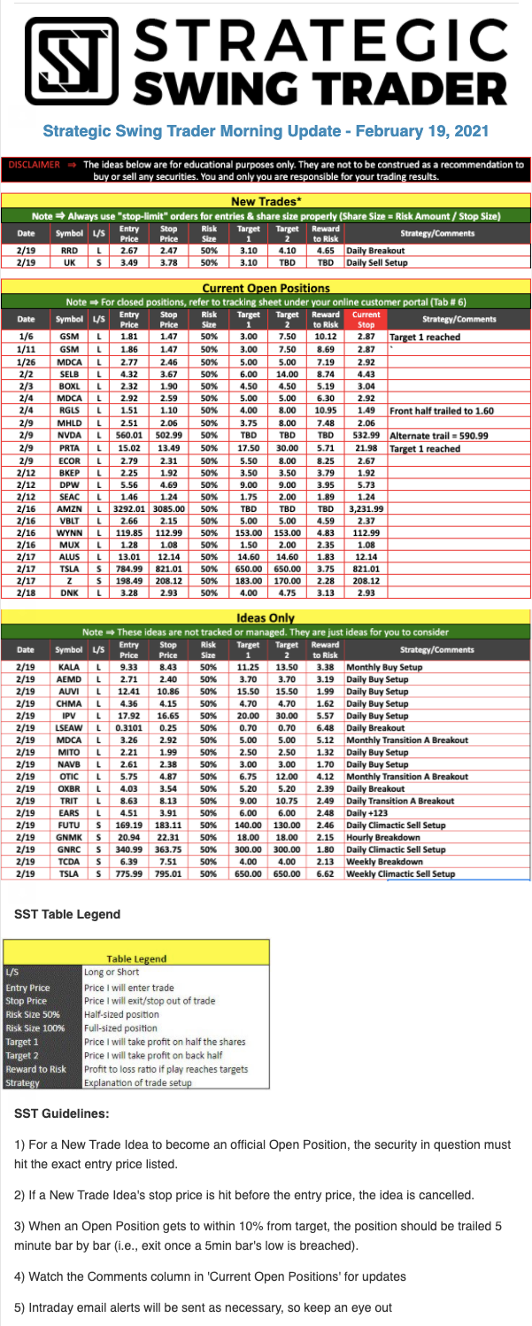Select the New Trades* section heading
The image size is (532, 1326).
click(x=266, y=201)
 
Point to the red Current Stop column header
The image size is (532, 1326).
click(x=366, y=318)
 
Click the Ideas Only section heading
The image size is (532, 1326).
click(x=266, y=616)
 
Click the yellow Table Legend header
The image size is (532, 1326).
click(x=136, y=958)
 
